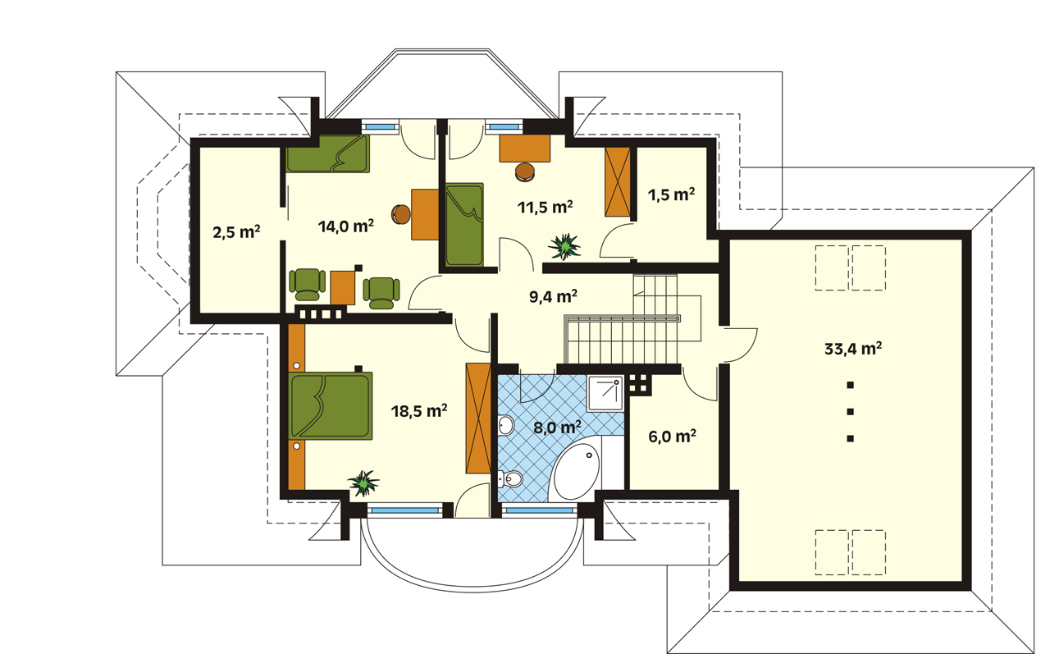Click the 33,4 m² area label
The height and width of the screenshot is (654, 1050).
[x=852, y=349]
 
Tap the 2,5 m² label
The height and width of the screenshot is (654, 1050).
[x=236, y=232]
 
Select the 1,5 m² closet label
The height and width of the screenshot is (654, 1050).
[x=671, y=194]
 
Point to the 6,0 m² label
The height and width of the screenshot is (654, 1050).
[x=672, y=437]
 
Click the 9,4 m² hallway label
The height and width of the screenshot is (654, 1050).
[x=553, y=296]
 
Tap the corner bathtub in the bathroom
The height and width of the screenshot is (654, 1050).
[x=576, y=472]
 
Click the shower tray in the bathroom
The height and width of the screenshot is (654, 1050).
[x=605, y=393]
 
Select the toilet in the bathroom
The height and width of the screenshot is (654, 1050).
[x=510, y=478]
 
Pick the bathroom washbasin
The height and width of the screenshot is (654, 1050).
[x=506, y=425]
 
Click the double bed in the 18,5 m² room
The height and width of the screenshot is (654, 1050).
[x=330, y=406]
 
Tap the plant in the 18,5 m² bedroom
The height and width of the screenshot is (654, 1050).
[x=363, y=482]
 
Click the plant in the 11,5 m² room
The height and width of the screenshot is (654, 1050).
[x=564, y=246]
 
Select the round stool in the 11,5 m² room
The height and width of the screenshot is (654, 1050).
[x=525, y=172]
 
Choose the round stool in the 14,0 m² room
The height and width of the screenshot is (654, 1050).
[x=401, y=215]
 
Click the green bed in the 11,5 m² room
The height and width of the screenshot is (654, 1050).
[x=464, y=225]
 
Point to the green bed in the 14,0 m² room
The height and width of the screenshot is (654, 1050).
[x=327, y=153]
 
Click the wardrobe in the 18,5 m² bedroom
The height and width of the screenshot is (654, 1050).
[x=478, y=418]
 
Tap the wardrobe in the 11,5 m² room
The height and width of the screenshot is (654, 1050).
[x=618, y=182]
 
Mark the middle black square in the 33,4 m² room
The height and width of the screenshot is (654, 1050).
[x=850, y=412]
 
